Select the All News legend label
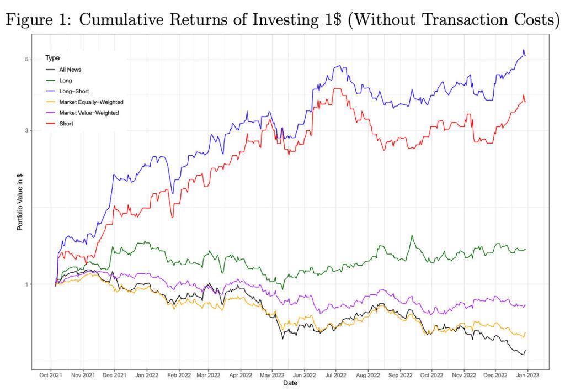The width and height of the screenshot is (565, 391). coord(70,70)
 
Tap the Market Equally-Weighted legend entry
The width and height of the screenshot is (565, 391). coord(91,102)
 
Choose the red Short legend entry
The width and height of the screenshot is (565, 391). coord(66,124)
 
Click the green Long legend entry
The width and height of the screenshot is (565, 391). coord(66,81)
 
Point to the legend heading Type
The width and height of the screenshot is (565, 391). coord(52,58)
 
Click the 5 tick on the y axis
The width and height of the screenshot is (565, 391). coord(27,59)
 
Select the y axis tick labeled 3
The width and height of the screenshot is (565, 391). coord(27,131)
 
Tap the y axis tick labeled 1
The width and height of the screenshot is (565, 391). coord(27,284)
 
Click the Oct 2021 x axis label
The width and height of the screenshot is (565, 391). coord(51,374)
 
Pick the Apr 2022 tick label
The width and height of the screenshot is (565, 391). coord(240,374)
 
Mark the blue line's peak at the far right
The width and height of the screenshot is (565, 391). coord(523,50)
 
